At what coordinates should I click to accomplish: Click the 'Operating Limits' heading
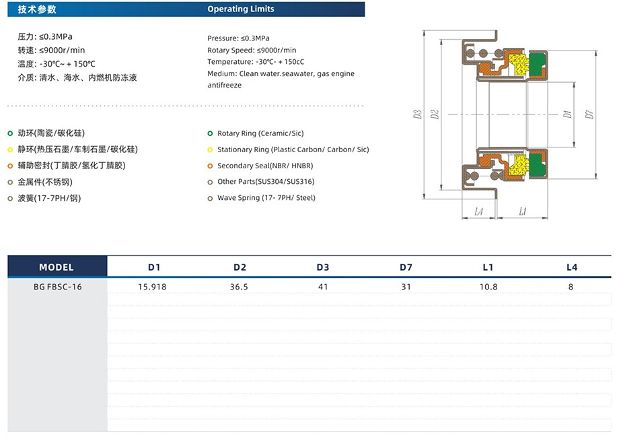tap(240, 9)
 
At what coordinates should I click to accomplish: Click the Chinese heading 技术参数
tap(37, 9)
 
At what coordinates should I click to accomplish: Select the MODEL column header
tap(57, 267)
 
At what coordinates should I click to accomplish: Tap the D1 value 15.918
tap(152, 286)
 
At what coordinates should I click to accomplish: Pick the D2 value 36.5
tap(239, 286)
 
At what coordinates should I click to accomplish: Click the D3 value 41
tap(322, 286)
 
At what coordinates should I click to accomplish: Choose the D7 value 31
tap(405, 286)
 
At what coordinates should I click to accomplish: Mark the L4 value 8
tap(571, 286)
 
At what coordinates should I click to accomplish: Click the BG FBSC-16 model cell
tap(57, 286)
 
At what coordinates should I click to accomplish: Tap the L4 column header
tap(571, 267)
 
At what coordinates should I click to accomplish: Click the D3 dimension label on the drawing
tap(418, 114)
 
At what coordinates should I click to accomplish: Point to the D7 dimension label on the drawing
tap(589, 114)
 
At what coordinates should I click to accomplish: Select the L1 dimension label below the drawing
tap(523, 211)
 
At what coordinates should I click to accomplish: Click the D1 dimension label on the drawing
tap(567, 114)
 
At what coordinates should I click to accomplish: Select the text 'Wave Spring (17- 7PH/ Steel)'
tap(266, 198)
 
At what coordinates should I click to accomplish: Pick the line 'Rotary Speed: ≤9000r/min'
tap(252, 50)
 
